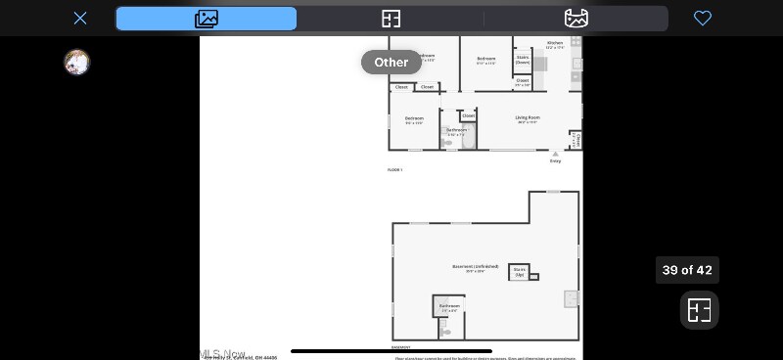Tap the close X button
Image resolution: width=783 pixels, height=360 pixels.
(x=80, y=19)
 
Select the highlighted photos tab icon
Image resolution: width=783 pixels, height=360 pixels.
(x=207, y=19)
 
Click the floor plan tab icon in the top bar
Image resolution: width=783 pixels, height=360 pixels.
(x=391, y=19)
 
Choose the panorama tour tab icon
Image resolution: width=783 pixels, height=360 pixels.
(x=576, y=19)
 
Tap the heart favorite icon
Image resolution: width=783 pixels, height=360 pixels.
(x=702, y=19)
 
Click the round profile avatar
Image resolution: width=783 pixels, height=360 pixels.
(x=76, y=63)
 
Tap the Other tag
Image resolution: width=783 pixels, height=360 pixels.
(x=391, y=63)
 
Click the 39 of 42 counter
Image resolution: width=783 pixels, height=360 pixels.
(x=687, y=270)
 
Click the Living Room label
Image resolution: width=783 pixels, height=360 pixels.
(x=528, y=118)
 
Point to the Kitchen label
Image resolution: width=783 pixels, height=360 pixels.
(x=554, y=43)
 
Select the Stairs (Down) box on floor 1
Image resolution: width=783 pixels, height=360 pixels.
(x=523, y=60)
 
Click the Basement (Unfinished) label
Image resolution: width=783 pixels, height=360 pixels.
(x=475, y=267)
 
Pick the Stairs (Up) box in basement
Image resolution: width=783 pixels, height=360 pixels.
(x=520, y=272)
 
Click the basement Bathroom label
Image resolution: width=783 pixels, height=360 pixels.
(x=449, y=306)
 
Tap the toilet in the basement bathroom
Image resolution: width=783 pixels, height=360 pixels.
(x=445, y=332)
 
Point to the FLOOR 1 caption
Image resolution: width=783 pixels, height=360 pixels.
(x=394, y=170)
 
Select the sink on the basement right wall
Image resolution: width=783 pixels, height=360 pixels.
(x=571, y=298)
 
